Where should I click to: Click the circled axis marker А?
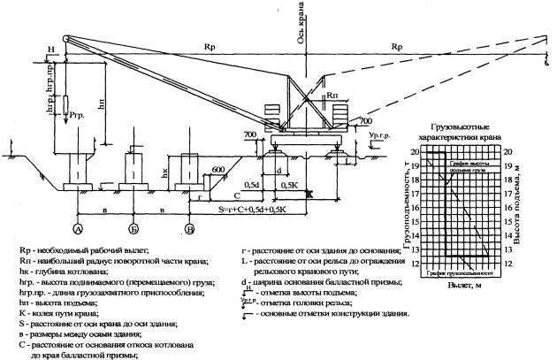pyautogui.click(x=79, y=228)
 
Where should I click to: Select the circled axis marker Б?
pyautogui.click(x=133, y=228)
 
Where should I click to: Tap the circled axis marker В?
pyautogui.click(x=188, y=228)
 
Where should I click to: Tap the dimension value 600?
pyautogui.click(x=217, y=170)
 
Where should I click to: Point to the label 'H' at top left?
pyautogui.click(x=52, y=49)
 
